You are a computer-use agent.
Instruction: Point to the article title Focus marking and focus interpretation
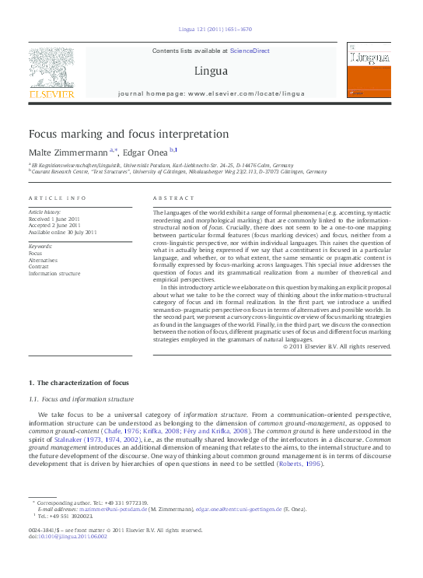(x=128, y=134)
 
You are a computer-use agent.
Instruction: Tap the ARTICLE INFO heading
(x=58, y=198)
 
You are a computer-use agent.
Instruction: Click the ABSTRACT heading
(x=169, y=198)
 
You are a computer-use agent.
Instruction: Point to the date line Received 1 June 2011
(x=54, y=218)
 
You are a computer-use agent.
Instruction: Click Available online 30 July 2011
(x=63, y=232)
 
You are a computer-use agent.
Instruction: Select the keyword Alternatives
(x=43, y=260)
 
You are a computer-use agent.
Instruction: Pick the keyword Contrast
(x=39, y=267)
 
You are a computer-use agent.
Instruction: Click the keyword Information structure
(x=54, y=274)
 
